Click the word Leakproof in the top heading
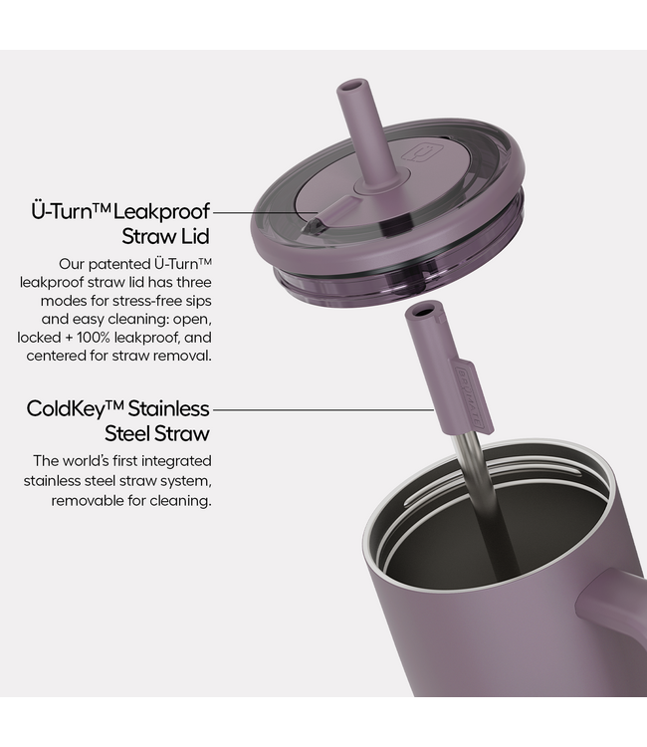click(x=161, y=211)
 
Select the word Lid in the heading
click(x=196, y=236)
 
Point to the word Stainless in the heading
click(x=168, y=408)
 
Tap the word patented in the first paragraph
click(x=120, y=264)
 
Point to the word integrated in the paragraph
click(x=176, y=461)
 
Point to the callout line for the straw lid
click(x=265, y=212)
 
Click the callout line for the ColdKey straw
click(x=323, y=408)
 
